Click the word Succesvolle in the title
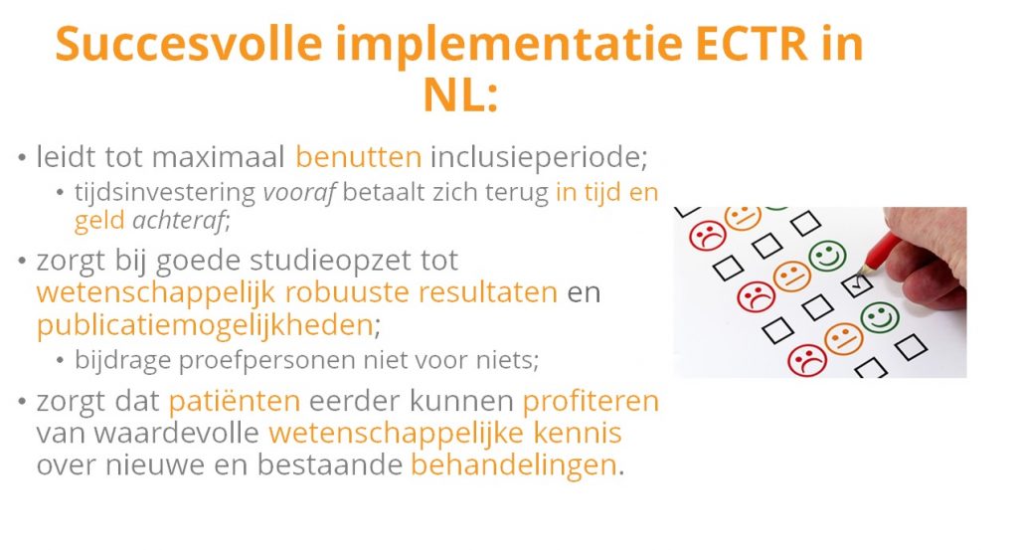pyautogui.click(x=189, y=44)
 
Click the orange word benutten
pyautogui.click(x=358, y=156)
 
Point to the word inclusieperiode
pyautogui.click(x=539, y=156)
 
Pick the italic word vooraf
pyautogui.click(x=299, y=192)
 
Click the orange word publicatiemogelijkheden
pyautogui.click(x=205, y=324)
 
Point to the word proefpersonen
pyautogui.click(x=267, y=360)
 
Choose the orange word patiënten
pyautogui.click(x=235, y=401)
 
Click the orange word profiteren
pyautogui.click(x=591, y=401)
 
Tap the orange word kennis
pyautogui.click(x=578, y=433)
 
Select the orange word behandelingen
pyautogui.click(x=514, y=464)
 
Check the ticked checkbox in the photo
pyautogui.click(x=857, y=284)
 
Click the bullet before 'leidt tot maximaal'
pyautogui.click(x=23, y=158)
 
